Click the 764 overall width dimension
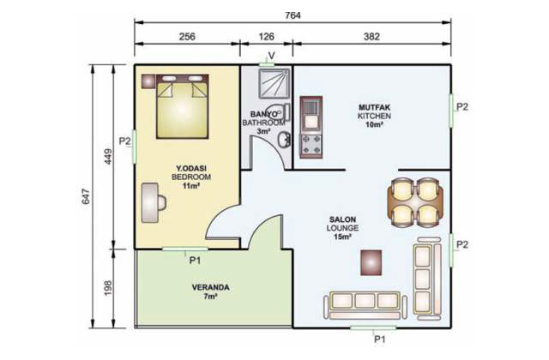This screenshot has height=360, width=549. [293, 15]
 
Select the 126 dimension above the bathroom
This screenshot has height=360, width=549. [266, 36]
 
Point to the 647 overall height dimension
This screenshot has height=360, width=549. [86, 196]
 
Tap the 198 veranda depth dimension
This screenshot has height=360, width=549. [108, 288]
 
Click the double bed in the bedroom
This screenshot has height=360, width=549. [183, 106]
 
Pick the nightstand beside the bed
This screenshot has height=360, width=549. [148, 81]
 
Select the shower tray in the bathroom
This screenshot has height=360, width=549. [274, 83]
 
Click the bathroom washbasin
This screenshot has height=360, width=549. [284, 140]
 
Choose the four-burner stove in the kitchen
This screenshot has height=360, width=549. [311, 145]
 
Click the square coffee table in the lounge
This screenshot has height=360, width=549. [371, 262]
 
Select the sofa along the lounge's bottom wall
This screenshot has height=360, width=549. [365, 305]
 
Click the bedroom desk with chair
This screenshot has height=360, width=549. [153, 203]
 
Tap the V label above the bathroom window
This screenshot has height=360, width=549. [271, 56]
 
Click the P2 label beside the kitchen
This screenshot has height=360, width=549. [462, 107]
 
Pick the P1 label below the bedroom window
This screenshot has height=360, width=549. [195, 261]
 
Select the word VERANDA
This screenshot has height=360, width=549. [211, 288]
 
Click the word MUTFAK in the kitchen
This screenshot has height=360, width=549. [374, 107]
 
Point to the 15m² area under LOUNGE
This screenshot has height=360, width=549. [342, 237]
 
